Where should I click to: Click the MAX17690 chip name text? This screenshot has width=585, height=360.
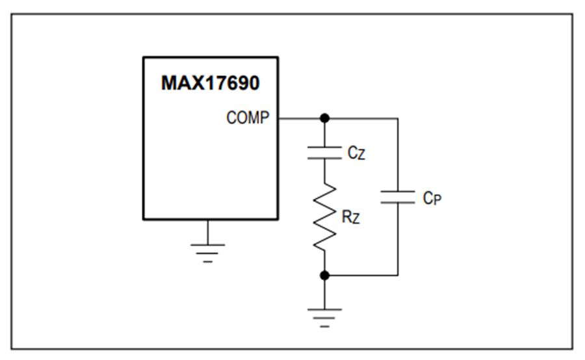pyautogui.click(x=210, y=83)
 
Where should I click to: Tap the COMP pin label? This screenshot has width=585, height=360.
pyautogui.click(x=248, y=118)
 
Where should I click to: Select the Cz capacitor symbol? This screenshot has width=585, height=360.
pyautogui.click(x=324, y=153)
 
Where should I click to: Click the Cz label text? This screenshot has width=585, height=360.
pyautogui.click(x=356, y=153)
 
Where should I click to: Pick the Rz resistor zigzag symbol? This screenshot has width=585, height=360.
pyautogui.click(x=324, y=216)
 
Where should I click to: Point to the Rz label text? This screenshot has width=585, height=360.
pyautogui.click(x=351, y=217)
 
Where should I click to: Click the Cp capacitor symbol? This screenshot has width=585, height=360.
pyautogui.click(x=398, y=197)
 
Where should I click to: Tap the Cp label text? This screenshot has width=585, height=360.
pyautogui.click(x=432, y=198)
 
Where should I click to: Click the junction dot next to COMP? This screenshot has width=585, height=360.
pyautogui.click(x=324, y=118)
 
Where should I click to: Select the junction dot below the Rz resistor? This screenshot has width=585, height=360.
pyautogui.click(x=324, y=276)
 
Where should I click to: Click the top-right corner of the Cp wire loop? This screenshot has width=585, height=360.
pyautogui.click(x=398, y=119)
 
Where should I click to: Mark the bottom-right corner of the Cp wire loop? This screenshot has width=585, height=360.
pyautogui.click(x=398, y=276)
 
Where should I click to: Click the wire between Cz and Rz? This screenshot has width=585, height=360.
pyautogui.click(x=324, y=172)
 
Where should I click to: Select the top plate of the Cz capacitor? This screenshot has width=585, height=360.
pyautogui.click(x=324, y=147)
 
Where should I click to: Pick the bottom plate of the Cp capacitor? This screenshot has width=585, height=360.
pyautogui.click(x=398, y=203)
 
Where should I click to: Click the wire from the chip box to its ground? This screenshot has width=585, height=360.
pyautogui.click(x=208, y=232)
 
